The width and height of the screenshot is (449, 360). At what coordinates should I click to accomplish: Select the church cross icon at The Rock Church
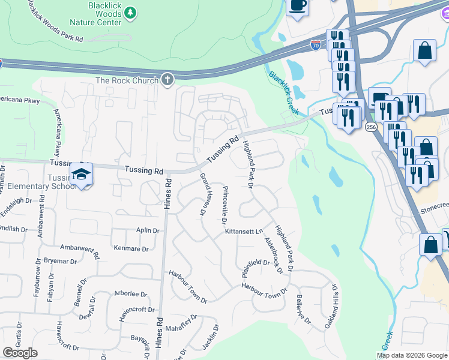click(x=167, y=80)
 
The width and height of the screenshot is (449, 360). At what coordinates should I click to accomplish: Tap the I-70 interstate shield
click(x=316, y=45)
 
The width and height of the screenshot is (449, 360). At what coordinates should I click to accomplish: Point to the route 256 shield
click(x=371, y=127)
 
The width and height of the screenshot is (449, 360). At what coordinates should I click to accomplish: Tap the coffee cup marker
click(x=298, y=6)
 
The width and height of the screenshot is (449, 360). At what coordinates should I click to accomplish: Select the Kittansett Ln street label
click(x=244, y=232)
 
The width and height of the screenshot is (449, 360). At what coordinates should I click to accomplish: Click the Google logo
click(x=20, y=353)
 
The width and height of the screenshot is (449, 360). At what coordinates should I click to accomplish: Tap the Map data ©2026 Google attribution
click(x=412, y=355)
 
